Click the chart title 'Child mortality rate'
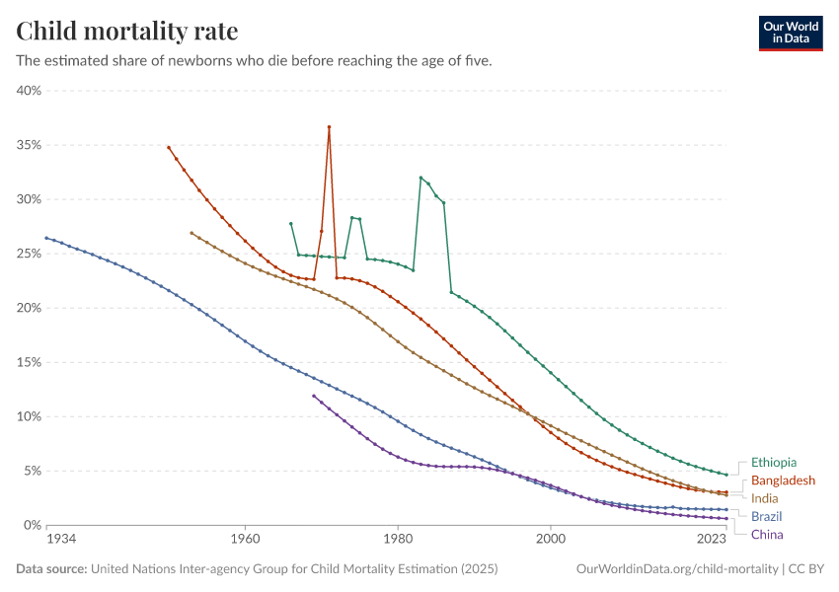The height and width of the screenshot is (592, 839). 127,32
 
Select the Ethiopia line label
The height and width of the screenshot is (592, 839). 773,462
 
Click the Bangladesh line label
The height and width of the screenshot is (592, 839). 784,481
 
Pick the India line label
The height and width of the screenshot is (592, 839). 765,498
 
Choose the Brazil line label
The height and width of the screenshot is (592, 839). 767,516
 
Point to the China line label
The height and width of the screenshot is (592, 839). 767,535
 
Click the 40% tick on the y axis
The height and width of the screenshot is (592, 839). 28,91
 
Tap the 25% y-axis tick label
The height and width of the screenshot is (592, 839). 28,254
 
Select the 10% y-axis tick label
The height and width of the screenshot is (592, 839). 28,416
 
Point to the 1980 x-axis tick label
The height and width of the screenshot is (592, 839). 398,540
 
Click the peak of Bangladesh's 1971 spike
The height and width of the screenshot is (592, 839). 329,127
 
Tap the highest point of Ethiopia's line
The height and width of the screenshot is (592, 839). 420,178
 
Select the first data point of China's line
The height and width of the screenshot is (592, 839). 314,396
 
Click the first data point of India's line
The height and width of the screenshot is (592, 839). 191,233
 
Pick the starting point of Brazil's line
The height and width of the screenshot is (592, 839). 46,238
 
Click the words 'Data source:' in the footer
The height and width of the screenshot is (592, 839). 51,569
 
